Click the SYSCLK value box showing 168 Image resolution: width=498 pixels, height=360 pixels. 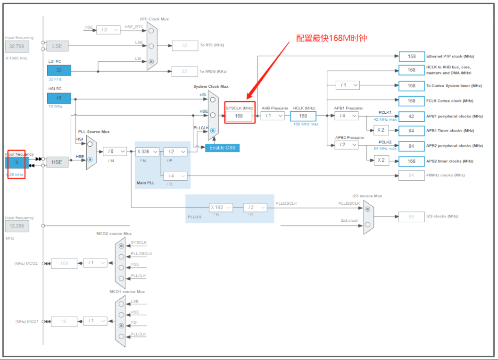click(239, 116)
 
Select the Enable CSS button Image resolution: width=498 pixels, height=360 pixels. click(222, 148)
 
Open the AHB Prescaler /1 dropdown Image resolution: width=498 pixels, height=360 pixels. click(273, 116)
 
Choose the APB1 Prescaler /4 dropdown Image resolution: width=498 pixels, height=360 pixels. click(346, 116)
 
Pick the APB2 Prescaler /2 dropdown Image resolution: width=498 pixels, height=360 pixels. click(346, 145)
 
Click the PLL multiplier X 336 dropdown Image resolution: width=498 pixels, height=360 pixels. click(147, 151)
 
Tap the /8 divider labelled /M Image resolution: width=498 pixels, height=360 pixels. click(115, 151)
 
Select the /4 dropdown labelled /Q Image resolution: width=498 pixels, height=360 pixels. click(175, 176)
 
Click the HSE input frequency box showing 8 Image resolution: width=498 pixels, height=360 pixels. click(17, 162)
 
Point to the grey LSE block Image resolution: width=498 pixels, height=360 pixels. click(57, 46)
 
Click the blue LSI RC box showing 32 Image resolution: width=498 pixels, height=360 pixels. click(59, 70)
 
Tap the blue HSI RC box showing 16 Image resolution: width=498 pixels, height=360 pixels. click(59, 98)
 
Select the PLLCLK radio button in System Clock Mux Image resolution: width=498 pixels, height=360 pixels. click(213, 130)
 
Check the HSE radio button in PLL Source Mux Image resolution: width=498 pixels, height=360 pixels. click(90, 160)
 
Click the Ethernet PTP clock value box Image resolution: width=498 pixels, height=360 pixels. click(412, 56)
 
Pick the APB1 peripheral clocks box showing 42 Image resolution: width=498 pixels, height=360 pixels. click(412, 116)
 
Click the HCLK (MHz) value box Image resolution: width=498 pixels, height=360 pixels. click(303, 116)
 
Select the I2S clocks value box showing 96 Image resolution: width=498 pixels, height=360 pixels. click(412, 217)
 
